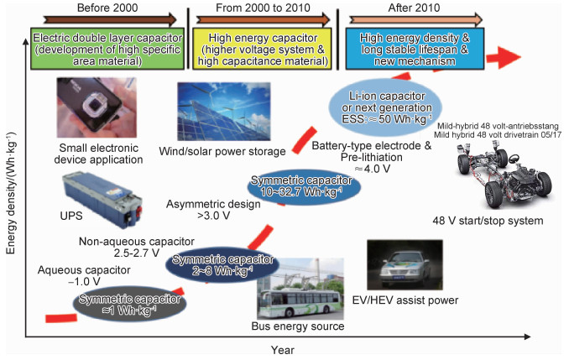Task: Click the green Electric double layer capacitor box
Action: click(x=107, y=49)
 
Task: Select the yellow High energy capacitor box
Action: click(x=262, y=49)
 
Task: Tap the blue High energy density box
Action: click(x=415, y=49)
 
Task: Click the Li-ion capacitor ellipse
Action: click(x=385, y=107)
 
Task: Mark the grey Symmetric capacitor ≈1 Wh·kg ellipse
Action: click(x=129, y=305)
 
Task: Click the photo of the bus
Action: click(x=300, y=289)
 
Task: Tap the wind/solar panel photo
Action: click(x=224, y=112)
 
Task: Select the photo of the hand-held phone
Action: click(x=97, y=107)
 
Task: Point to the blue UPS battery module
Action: click(x=102, y=201)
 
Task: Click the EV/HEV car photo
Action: click(x=405, y=264)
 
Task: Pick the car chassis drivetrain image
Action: click(x=505, y=174)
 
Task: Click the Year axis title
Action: click(x=282, y=350)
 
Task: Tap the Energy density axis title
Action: click(x=11, y=194)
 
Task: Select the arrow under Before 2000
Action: click(x=110, y=19)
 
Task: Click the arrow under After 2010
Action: click(x=416, y=19)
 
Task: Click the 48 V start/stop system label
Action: click(x=488, y=221)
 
